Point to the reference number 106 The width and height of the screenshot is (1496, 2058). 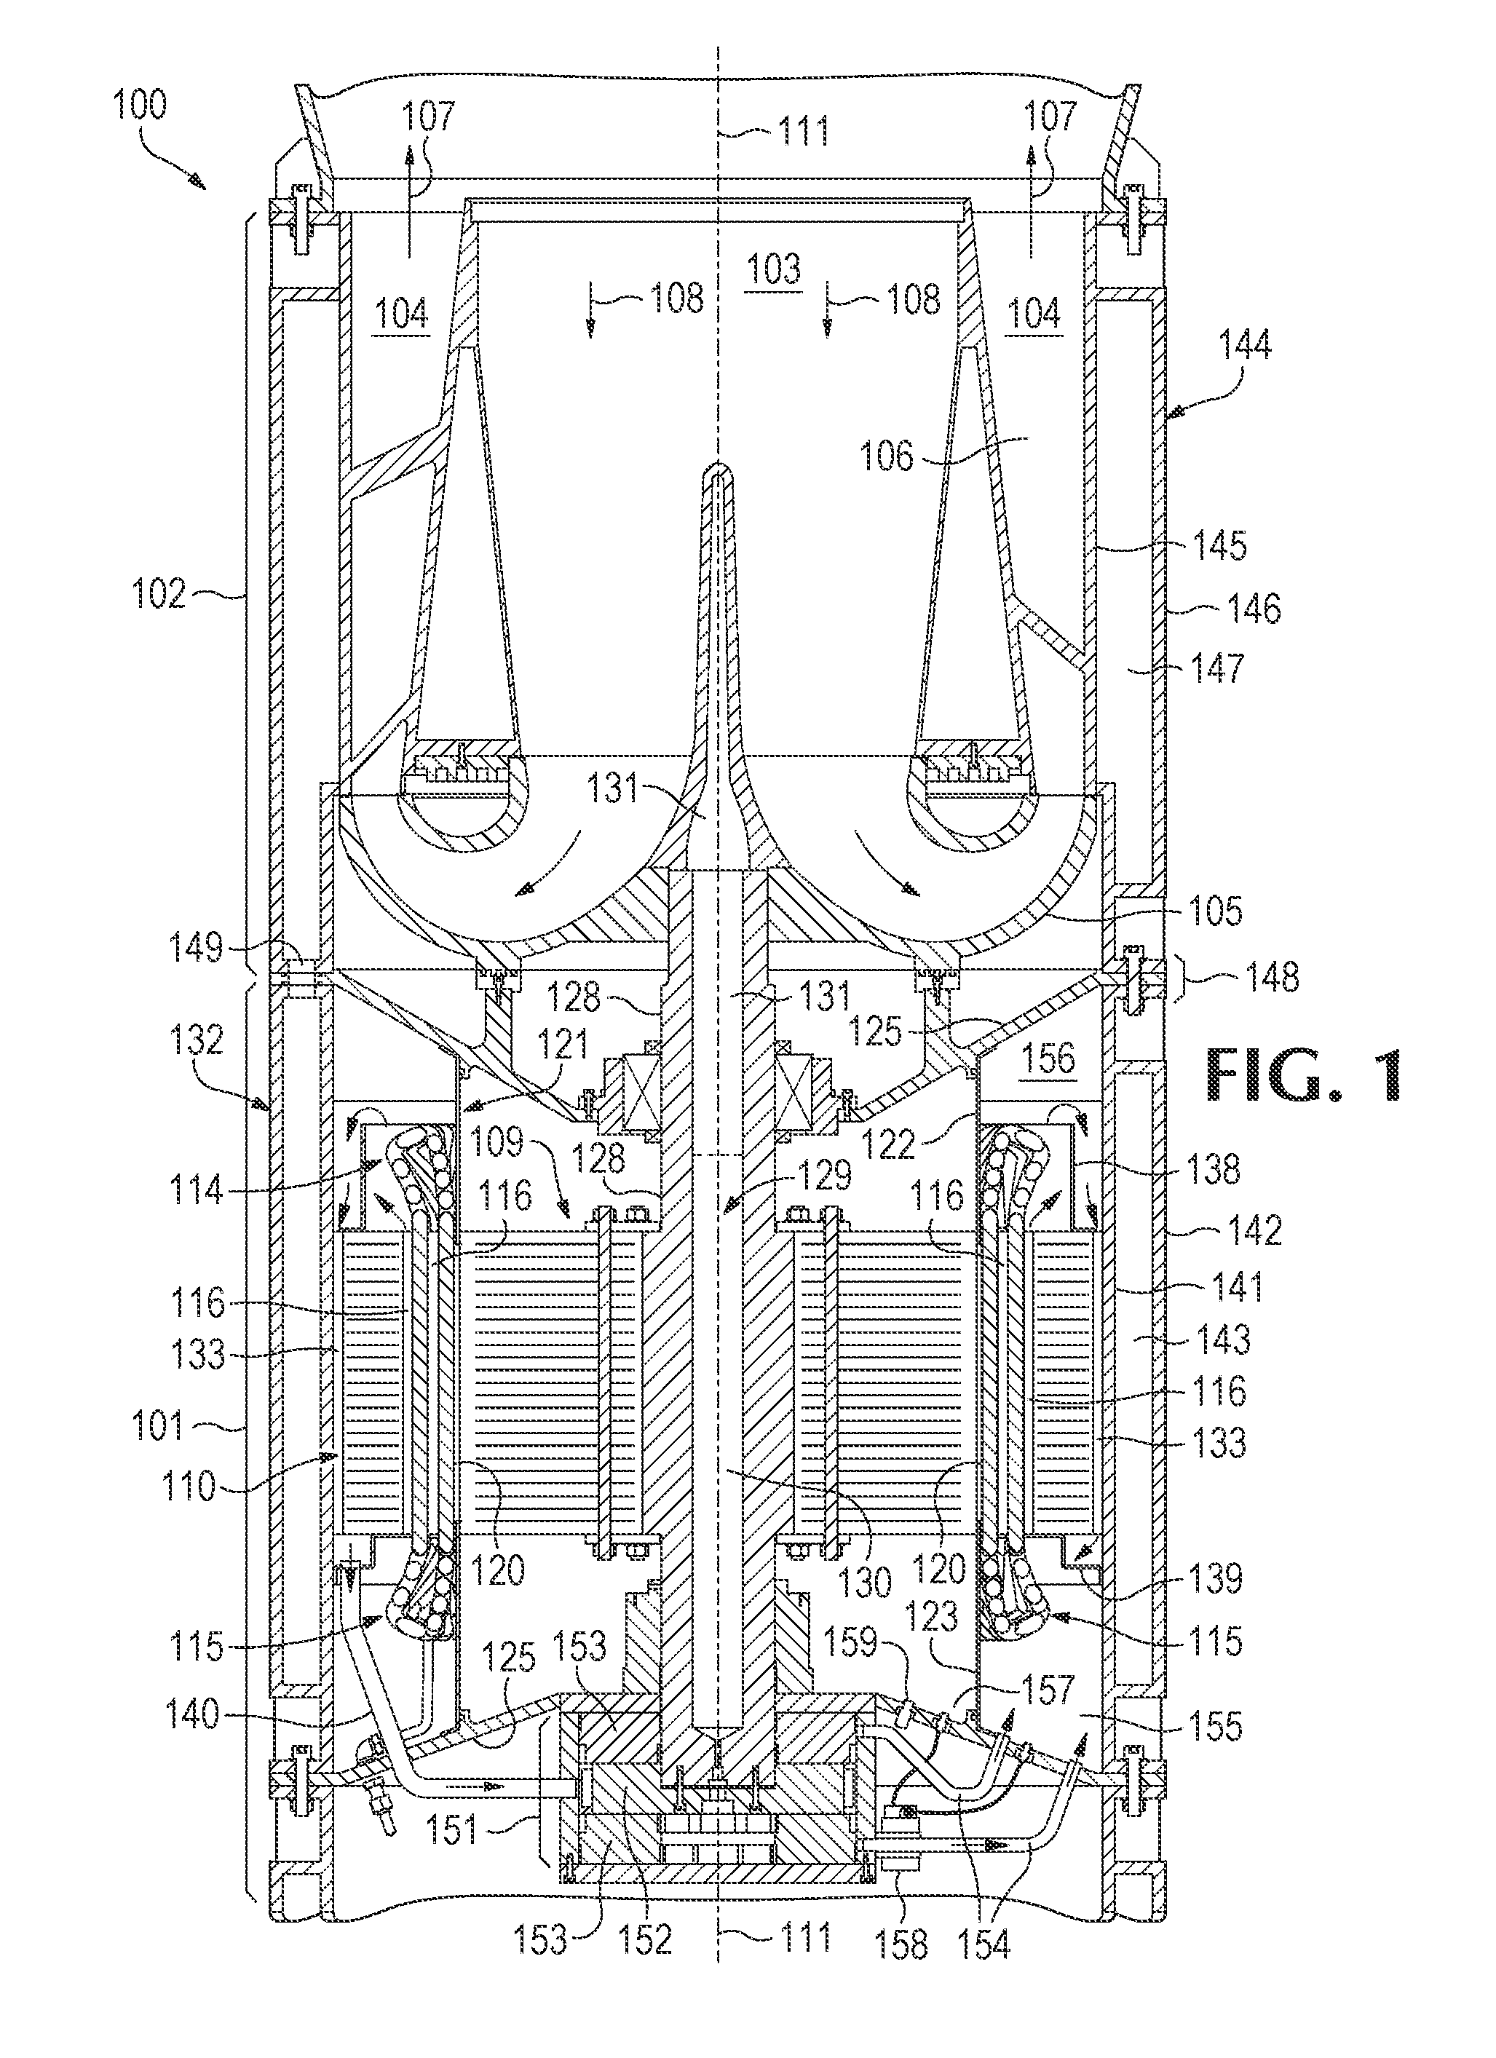tap(887, 456)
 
